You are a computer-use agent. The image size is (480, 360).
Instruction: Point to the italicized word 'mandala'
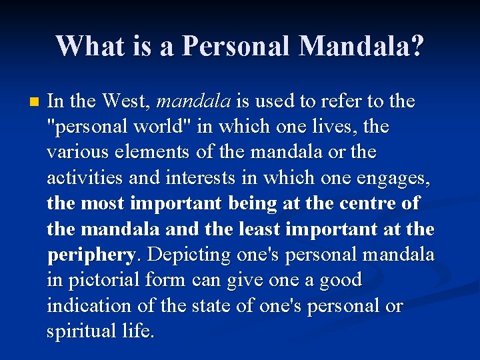click(193, 101)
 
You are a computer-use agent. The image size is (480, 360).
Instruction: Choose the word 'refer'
click(329, 101)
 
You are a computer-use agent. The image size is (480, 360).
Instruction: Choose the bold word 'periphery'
click(91, 255)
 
